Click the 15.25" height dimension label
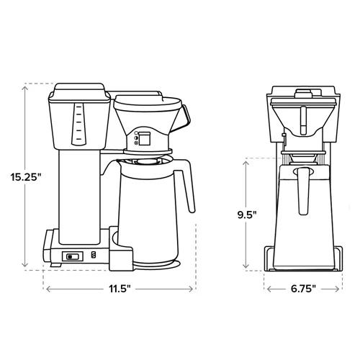point(24,176)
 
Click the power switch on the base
point(72,256)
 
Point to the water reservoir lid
point(76,90)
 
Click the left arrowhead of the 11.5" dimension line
point(48,289)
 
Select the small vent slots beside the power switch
point(91,255)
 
